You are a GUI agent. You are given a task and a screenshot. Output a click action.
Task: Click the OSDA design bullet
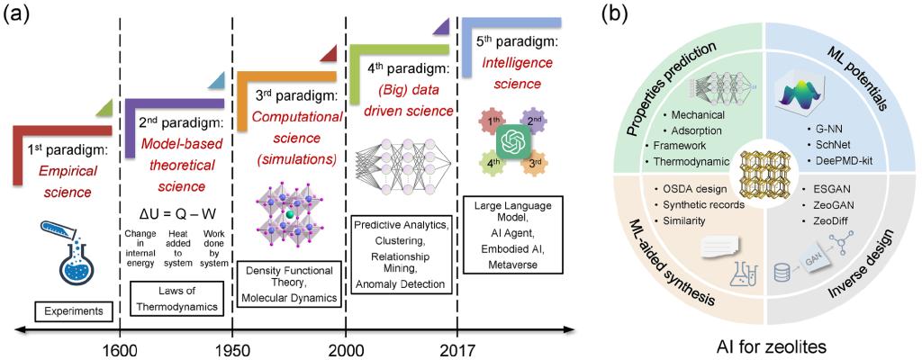[695, 189]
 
